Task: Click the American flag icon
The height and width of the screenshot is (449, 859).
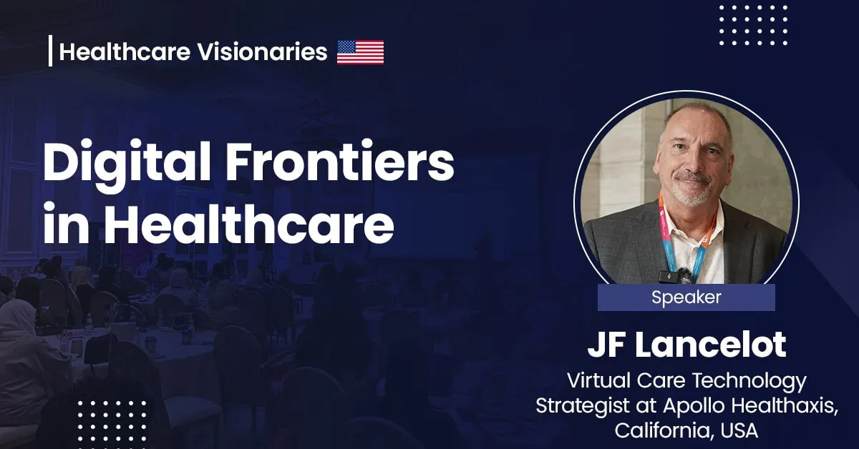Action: tap(360, 52)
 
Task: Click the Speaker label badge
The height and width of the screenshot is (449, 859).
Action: tap(686, 297)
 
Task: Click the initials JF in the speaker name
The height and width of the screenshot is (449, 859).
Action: tap(607, 345)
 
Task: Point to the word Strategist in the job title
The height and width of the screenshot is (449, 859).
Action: tap(581, 406)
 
